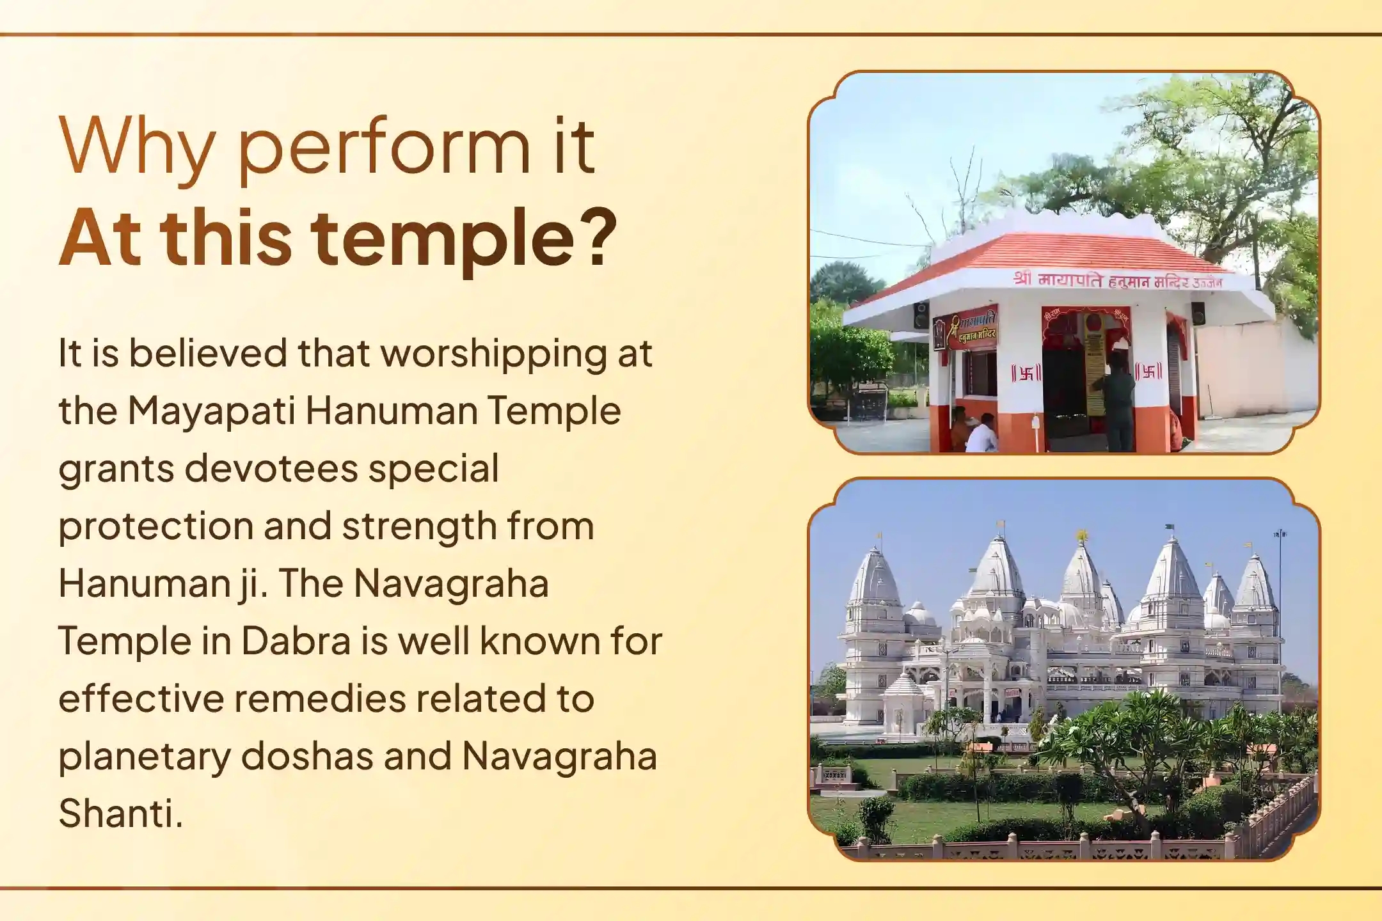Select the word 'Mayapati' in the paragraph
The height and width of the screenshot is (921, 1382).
[211, 411]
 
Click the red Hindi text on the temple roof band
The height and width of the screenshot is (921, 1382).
[1116, 280]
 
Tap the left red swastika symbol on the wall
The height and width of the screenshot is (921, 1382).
[1026, 373]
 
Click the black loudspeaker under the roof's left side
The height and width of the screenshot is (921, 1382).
[921, 315]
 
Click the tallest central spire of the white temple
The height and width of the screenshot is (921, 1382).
[1081, 569]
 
